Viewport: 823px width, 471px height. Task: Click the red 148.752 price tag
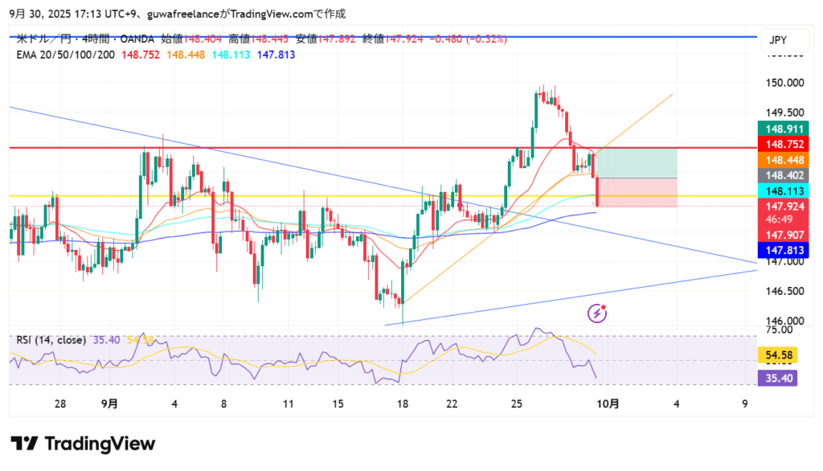[784, 145]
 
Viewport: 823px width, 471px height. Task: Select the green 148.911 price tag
[784, 129]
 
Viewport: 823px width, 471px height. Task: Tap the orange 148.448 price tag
[784, 161]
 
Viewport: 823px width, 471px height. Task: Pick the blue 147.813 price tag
[784, 251]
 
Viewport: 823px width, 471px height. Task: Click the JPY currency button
[778, 40]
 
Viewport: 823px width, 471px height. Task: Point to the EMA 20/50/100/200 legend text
[66, 54]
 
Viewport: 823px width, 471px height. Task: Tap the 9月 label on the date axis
[109, 404]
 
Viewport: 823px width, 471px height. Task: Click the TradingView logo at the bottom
[83, 444]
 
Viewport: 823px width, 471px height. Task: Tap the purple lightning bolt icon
[596, 312]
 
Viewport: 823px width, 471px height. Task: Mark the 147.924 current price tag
[784, 206]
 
